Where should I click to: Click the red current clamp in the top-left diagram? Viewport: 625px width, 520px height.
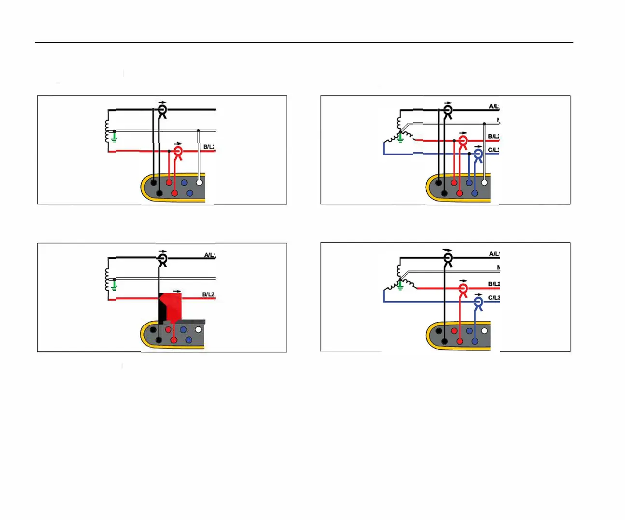(x=178, y=152)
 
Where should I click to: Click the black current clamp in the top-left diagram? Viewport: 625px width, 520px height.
(x=163, y=111)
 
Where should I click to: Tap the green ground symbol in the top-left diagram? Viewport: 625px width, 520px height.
(x=114, y=137)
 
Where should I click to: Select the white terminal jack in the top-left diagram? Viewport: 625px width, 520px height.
(x=199, y=183)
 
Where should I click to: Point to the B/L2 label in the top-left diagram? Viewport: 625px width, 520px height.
(x=209, y=147)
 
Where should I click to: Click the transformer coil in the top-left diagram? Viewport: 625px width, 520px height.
(x=107, y=131)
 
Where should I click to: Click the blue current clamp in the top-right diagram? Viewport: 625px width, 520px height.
(x=478, y=155)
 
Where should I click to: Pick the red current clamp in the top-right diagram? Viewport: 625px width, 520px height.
(x=463, y=142)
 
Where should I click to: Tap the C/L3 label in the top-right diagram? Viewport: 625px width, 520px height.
(x=493, y=150)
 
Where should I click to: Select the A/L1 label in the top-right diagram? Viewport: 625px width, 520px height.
(x=494, y=107)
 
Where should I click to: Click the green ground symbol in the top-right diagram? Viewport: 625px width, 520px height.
(x=400, y=138)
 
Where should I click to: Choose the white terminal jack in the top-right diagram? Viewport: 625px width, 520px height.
(x=484, y=183)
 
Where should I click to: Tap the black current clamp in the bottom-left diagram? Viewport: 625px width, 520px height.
(x=163, y=259)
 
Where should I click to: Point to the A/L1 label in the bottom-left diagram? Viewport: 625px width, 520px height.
(x=209, y=255)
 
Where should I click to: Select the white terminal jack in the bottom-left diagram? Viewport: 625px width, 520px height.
(x=198, y=330)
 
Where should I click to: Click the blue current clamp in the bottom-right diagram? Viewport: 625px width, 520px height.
(x=478, y=303)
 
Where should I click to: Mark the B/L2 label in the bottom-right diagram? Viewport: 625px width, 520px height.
(x=494, y=284)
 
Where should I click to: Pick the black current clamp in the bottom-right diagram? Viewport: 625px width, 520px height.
(x=448, y=259)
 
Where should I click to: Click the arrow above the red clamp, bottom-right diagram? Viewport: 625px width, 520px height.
(x=463, y=281)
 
